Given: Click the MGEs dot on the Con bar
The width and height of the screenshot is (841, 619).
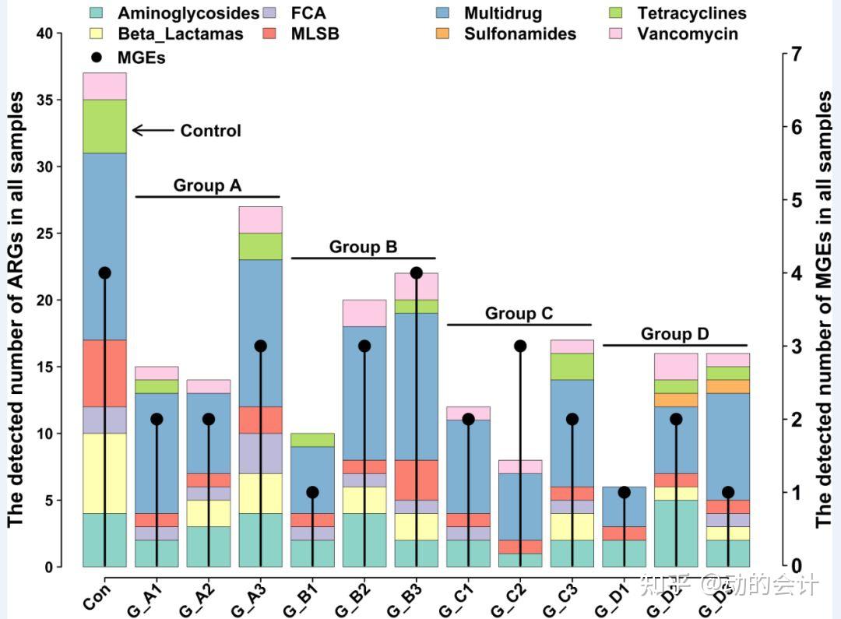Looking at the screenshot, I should point(104,273).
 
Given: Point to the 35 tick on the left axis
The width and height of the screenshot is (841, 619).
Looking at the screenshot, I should point(51,100).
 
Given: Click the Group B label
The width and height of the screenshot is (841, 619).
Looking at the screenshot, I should point(363,247).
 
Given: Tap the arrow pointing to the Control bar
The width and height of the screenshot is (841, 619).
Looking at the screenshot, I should point(153,131).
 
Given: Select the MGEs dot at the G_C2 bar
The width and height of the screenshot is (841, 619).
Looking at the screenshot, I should point(520,346).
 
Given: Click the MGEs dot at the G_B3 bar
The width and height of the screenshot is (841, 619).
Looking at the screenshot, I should point(416,273).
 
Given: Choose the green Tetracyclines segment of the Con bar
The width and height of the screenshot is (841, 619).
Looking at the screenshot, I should point(104,126).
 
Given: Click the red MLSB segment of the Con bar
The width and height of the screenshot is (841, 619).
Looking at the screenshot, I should point(104,373).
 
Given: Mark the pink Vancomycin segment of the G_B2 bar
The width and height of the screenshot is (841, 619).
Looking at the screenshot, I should point(364,313).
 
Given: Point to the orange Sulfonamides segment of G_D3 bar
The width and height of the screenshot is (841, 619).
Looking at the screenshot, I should point(728,386).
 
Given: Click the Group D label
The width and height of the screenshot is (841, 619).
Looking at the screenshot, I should point(674,334).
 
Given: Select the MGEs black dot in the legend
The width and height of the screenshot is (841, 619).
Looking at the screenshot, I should point(97,57).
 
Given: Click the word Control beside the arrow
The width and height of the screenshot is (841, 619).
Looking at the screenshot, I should point(210,131).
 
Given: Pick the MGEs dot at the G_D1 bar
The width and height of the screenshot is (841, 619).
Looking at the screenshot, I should point(624,492).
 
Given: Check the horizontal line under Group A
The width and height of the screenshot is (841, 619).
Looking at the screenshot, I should point(207,197).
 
